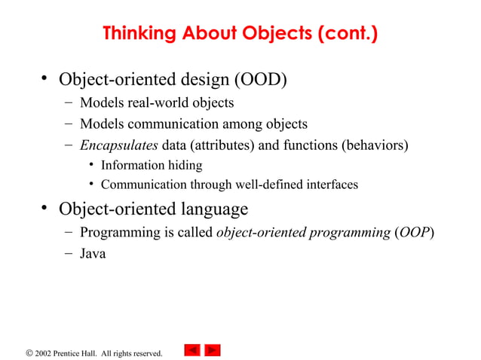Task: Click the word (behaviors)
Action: pos(375,145)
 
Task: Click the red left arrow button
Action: pos(192,350)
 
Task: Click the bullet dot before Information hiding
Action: pos(90,165)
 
